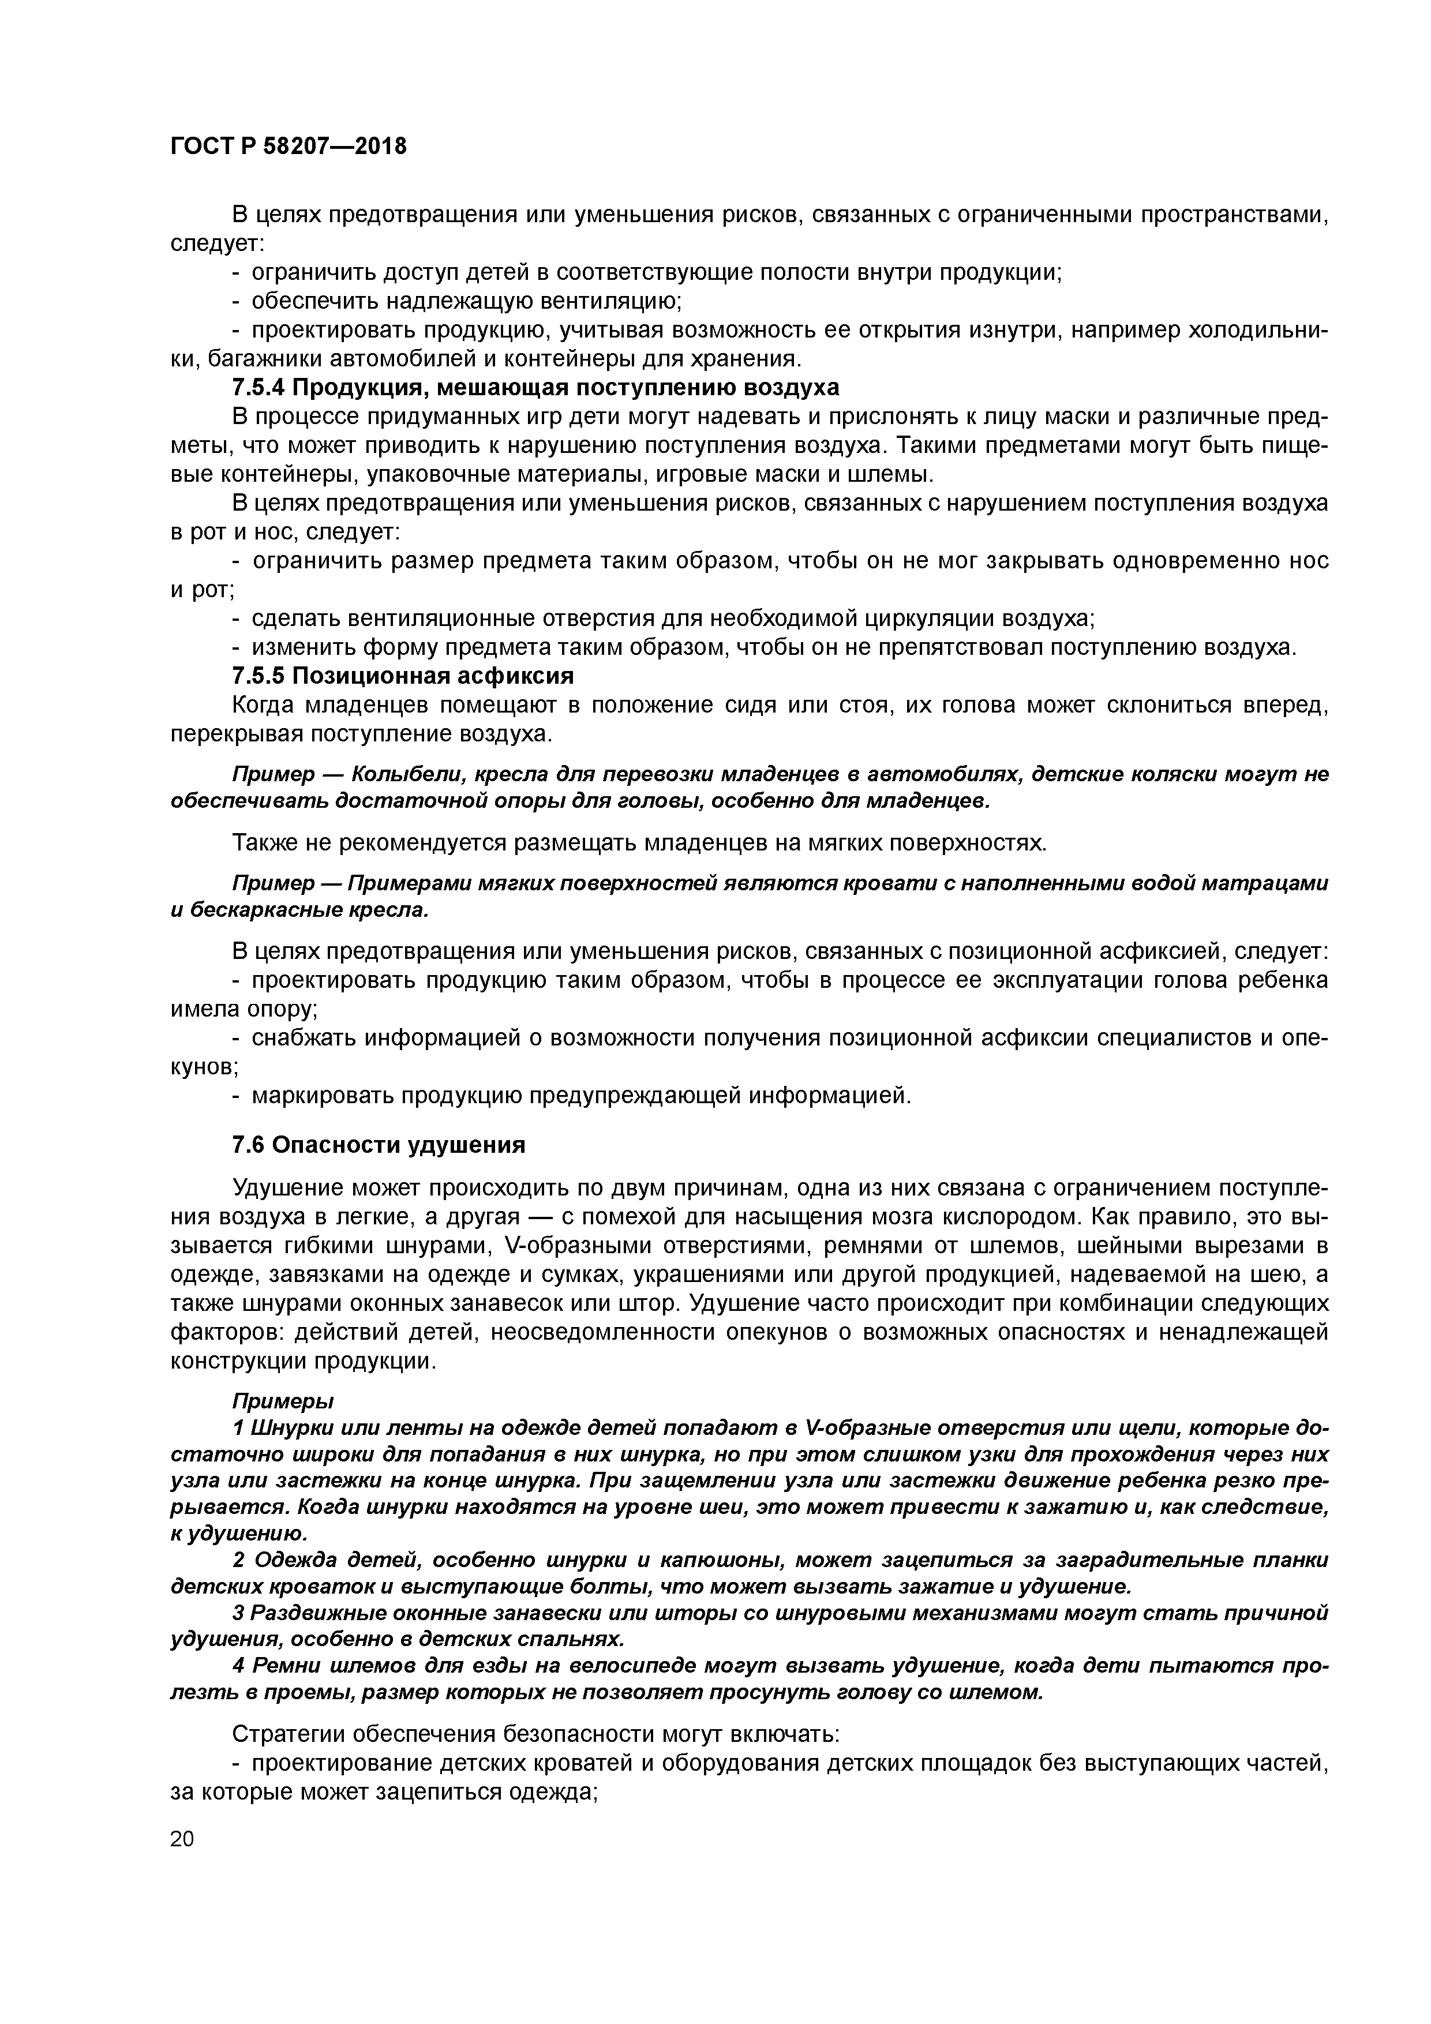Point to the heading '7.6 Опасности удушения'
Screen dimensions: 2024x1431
click(379, 1145)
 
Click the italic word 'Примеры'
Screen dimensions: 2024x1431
click(283, 1401)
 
